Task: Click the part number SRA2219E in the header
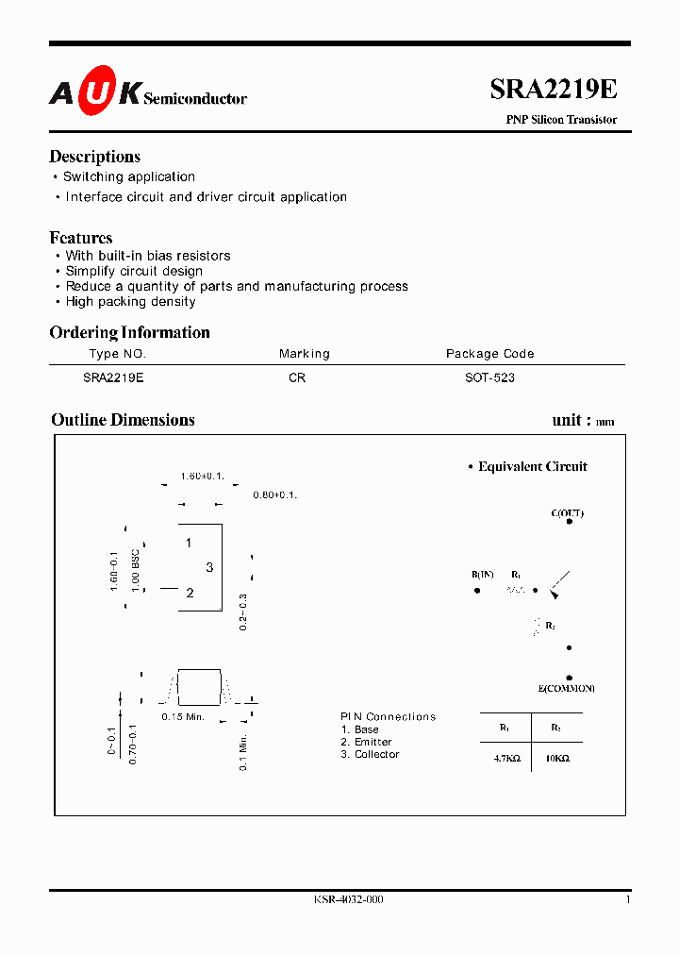click(554, 90)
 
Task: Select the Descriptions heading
click(94, 157)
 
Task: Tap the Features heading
click(81, 238)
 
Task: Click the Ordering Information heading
click(129, 332)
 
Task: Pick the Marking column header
click(305, 354)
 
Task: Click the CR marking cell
click(297, 377)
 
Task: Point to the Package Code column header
click(489, 354)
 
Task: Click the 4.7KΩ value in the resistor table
click(505, 758)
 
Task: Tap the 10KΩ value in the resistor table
click(556, 758)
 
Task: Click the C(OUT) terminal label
click(568, 513)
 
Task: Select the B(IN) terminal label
click(483, 575)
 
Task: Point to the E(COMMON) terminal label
click(568, 689)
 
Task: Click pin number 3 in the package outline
click(209, 567)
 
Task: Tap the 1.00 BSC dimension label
click(136, 570)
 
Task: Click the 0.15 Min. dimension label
click(183, 717)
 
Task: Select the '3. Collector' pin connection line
click(371, 754)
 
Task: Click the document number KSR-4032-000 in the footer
click(349, 900)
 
